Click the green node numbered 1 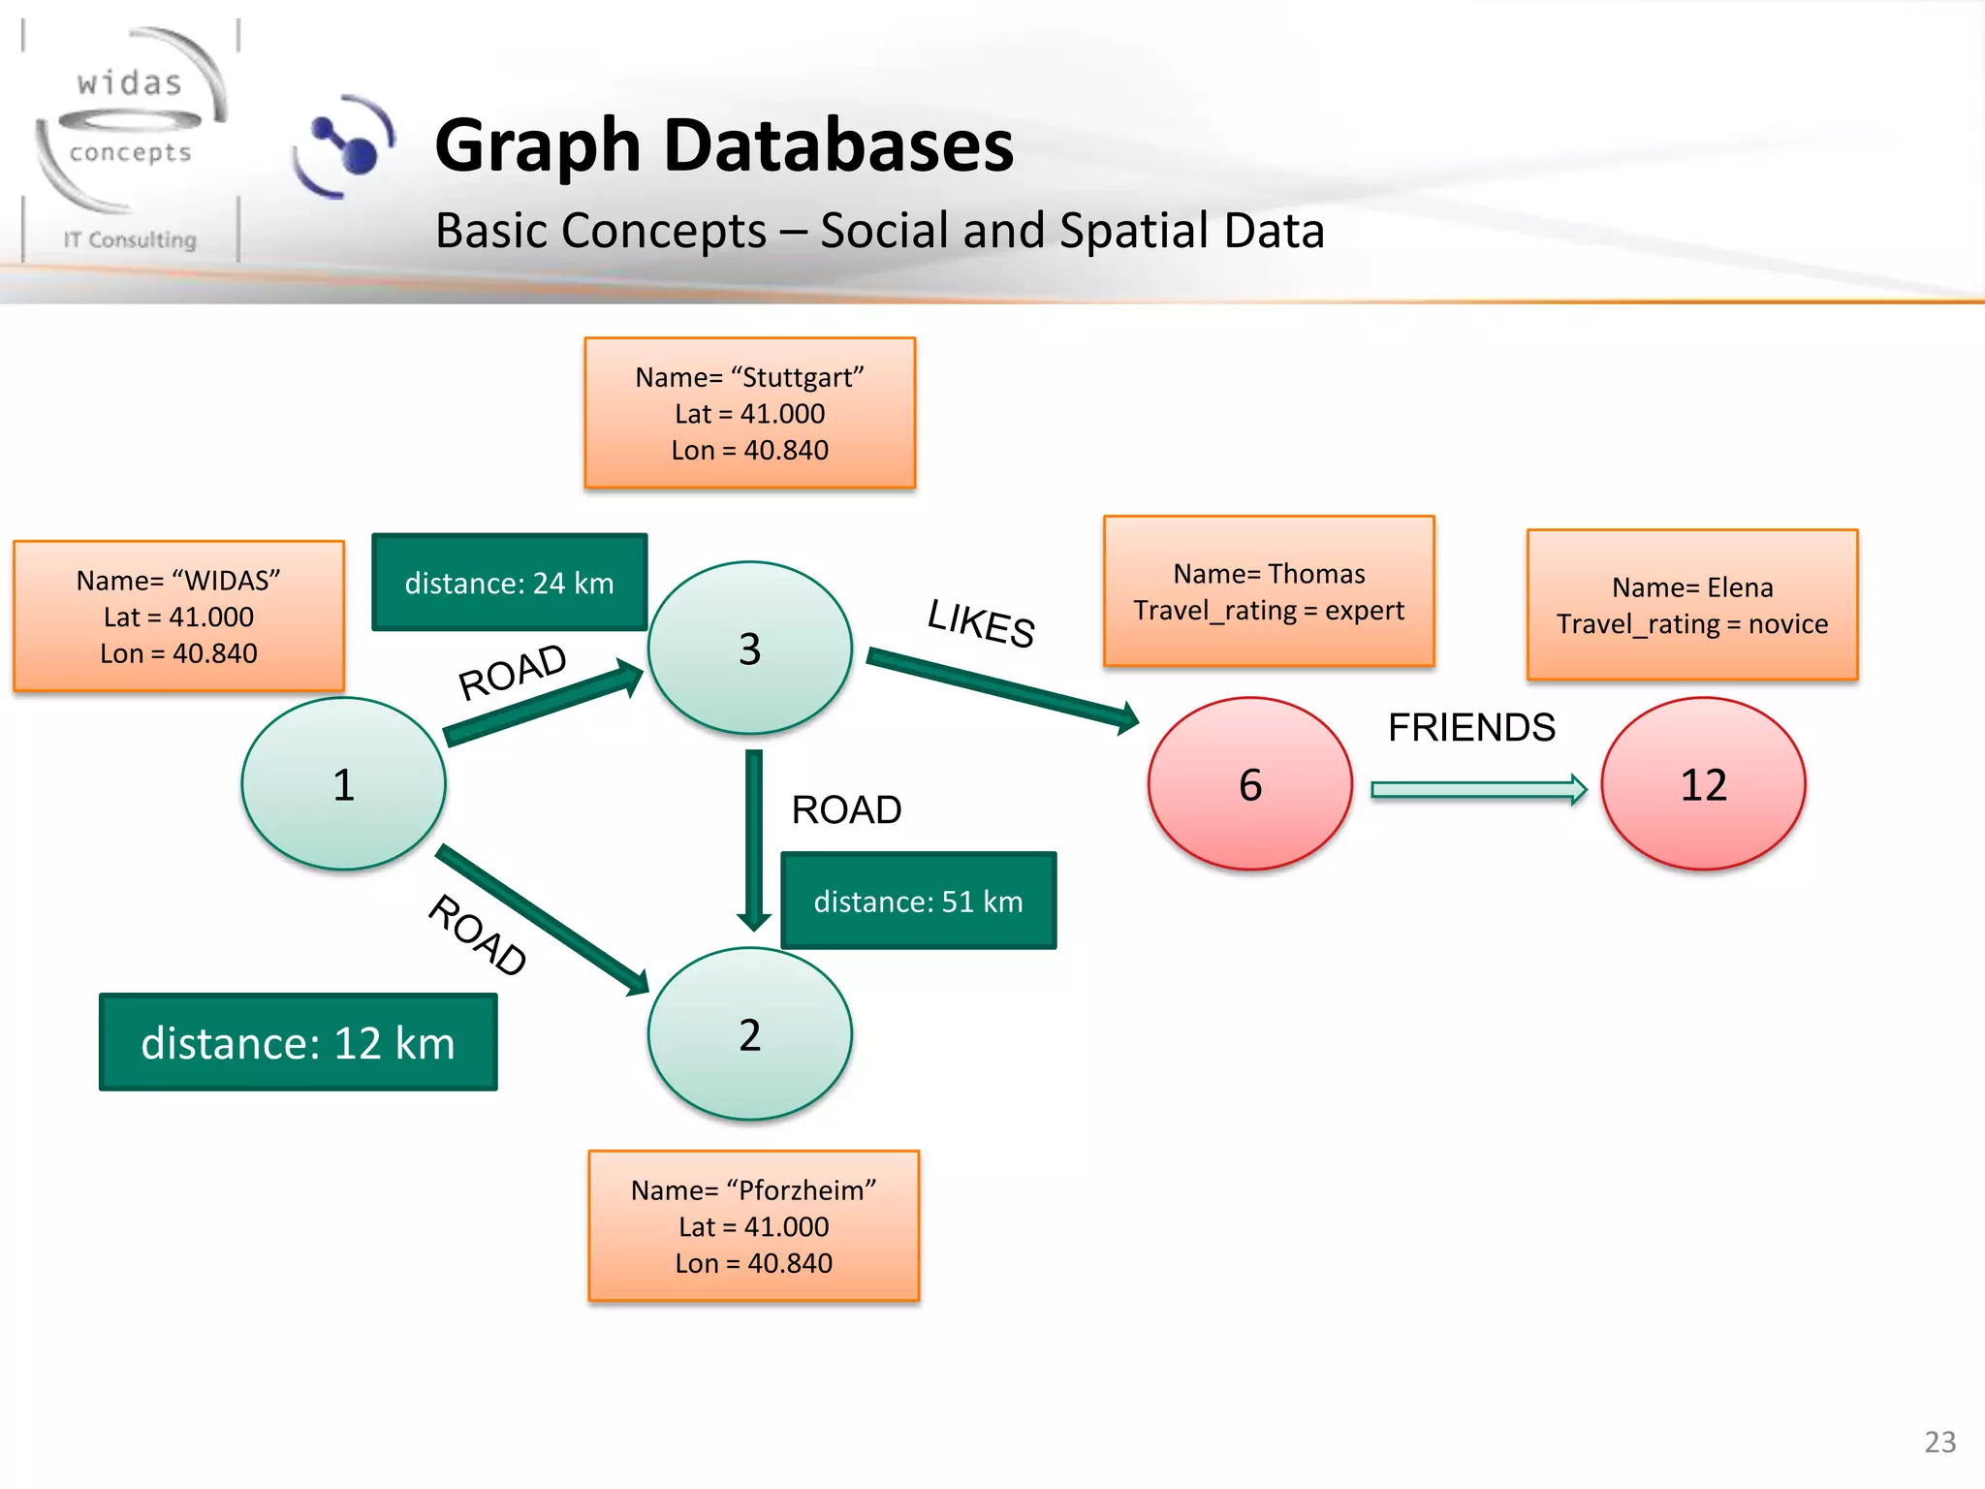343,783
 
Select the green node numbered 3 749,648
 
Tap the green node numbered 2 749,1033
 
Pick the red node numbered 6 1249,783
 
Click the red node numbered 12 1703,783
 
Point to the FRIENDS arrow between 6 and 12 1478,790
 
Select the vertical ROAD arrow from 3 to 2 754,839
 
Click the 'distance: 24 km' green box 509,583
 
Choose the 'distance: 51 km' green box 918,901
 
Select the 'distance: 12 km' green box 298,1042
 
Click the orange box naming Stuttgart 749,413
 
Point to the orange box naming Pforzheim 753,1225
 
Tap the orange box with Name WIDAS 178,616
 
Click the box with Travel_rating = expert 1268,591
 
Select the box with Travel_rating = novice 1691,605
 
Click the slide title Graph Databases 723,145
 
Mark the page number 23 1939,1441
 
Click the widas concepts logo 131,141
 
